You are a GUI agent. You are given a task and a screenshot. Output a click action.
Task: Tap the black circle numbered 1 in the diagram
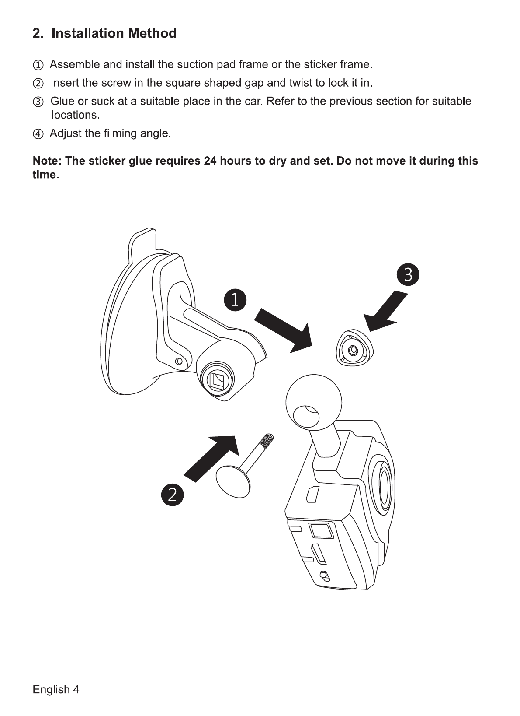(235, 300)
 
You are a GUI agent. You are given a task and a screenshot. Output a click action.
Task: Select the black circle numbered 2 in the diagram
(172, 495)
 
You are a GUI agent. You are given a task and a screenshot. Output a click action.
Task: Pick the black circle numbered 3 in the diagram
(408, 275)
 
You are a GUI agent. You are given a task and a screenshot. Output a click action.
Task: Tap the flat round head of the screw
(234, 481)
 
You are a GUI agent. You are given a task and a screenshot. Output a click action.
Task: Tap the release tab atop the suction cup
(142, 243)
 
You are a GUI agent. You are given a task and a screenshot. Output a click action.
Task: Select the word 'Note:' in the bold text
(48, 161)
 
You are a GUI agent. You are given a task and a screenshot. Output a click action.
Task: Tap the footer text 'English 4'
(56, 690)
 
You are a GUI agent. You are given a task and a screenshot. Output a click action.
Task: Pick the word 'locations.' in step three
(76, 115)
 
